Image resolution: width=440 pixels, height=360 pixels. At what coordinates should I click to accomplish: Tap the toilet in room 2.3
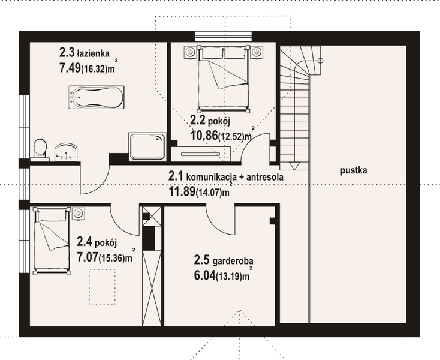41,149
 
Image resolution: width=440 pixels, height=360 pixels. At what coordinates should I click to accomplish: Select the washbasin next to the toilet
66,151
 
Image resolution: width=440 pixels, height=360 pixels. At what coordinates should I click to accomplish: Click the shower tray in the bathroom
147,145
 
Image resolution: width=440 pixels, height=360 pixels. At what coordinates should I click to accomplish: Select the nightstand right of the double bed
257,50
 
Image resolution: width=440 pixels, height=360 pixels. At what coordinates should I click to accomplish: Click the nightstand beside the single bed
79,213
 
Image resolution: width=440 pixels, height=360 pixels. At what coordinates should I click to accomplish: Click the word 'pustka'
354,170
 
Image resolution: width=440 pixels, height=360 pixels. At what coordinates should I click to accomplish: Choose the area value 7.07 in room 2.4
90,257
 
